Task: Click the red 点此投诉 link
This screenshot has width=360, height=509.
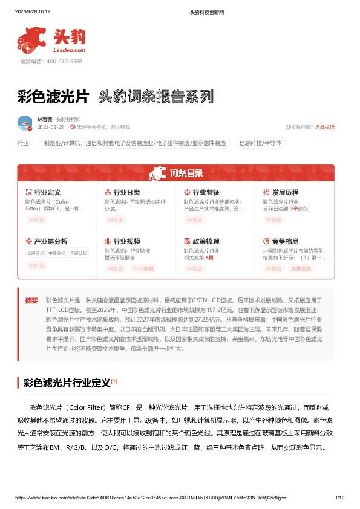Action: point(324,127)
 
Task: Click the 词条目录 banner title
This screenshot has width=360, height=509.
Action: point(186,173)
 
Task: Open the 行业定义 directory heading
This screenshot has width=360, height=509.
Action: point(48,192)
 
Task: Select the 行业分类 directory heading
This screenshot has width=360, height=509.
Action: point(127,192)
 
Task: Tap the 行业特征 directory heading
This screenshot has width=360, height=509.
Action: point(206,192)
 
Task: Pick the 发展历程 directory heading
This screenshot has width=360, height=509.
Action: point(285,192)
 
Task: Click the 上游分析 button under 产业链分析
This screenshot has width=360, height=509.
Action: point(35,253)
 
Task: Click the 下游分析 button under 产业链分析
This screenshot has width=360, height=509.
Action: point(78,253)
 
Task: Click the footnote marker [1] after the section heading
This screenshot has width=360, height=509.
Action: point(114,381)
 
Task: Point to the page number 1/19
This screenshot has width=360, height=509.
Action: point(339,498)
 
